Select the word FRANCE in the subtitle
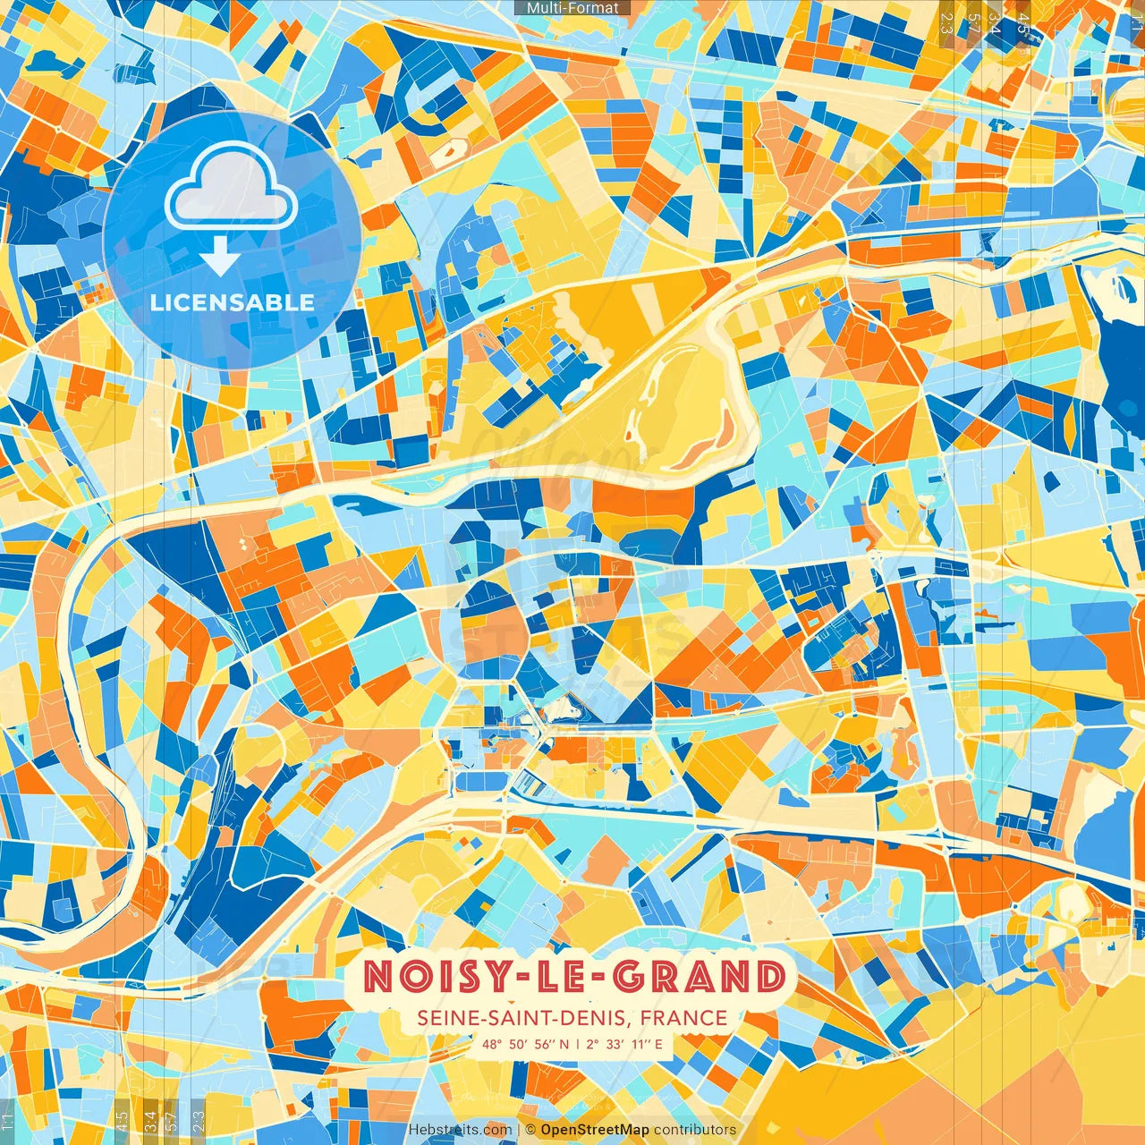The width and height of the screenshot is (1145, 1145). tap(683, 1018)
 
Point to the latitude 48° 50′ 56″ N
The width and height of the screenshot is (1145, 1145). tap(525, 1044)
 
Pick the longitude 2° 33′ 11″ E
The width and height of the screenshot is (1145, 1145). tap(624, 1044)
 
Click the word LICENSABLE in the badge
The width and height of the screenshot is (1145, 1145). tap(233, 302)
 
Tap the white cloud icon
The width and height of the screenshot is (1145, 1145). tap(232, 188)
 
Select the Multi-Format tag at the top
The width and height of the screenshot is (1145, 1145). tap(572, 8)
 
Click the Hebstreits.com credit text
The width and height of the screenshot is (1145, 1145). tap(460, 1130)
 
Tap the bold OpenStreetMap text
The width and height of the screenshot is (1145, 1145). tap(595, 1130)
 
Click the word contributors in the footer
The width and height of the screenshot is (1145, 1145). tap(695, 1130)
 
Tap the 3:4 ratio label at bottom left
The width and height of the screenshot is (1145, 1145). tap(150, 1120)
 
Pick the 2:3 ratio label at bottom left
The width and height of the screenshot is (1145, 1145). tap(199, 1120)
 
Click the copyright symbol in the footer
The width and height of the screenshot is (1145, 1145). tap(530, 1130)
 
